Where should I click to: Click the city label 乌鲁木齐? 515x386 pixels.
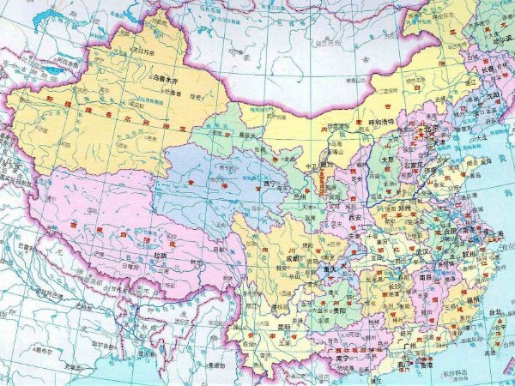click(170, 82)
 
